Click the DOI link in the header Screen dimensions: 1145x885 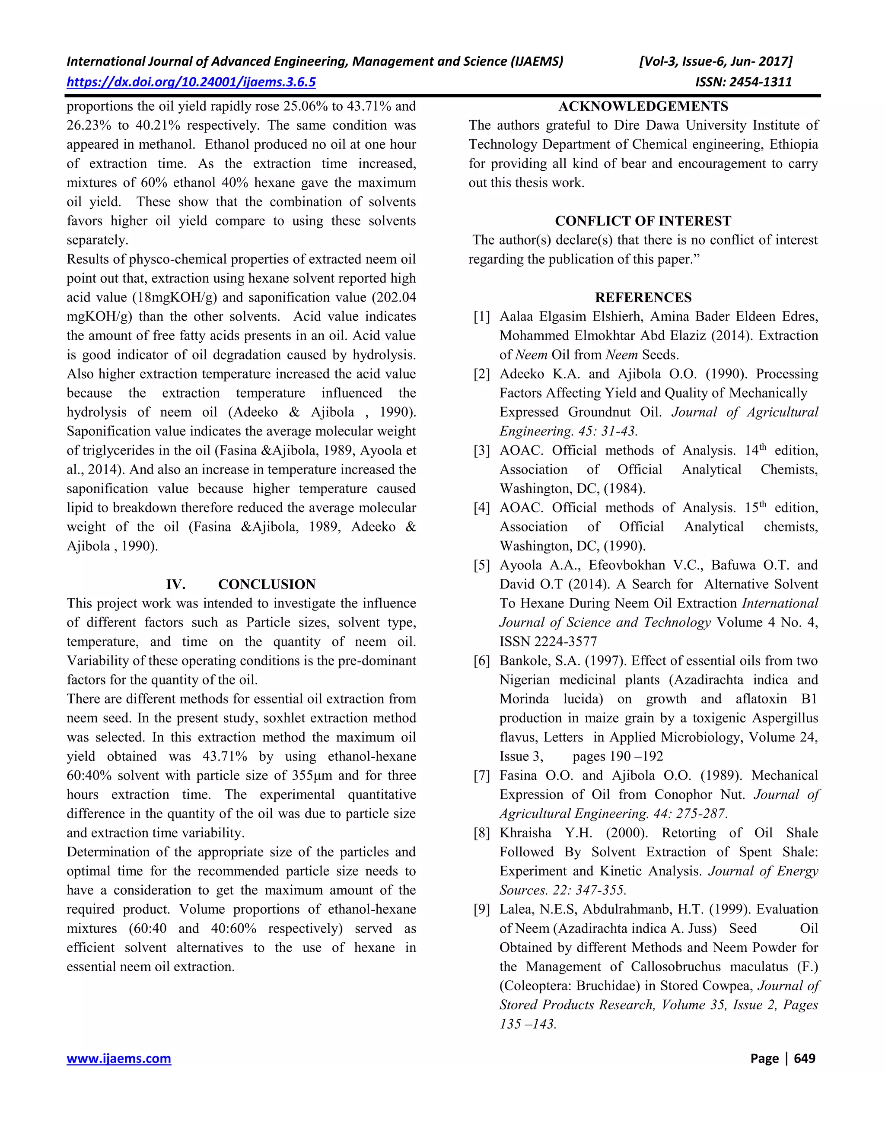click(x=191, y=82)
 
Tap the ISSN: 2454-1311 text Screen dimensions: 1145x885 click(x=743, y=82)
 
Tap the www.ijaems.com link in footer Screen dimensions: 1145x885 click(x=118, y=1058)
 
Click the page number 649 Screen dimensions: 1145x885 click(x=804, y=1058)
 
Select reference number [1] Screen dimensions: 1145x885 click(x=481, y=317)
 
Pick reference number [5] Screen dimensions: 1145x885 click(x=481, y=565)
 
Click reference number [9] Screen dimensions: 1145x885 click(x=481, y=909)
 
